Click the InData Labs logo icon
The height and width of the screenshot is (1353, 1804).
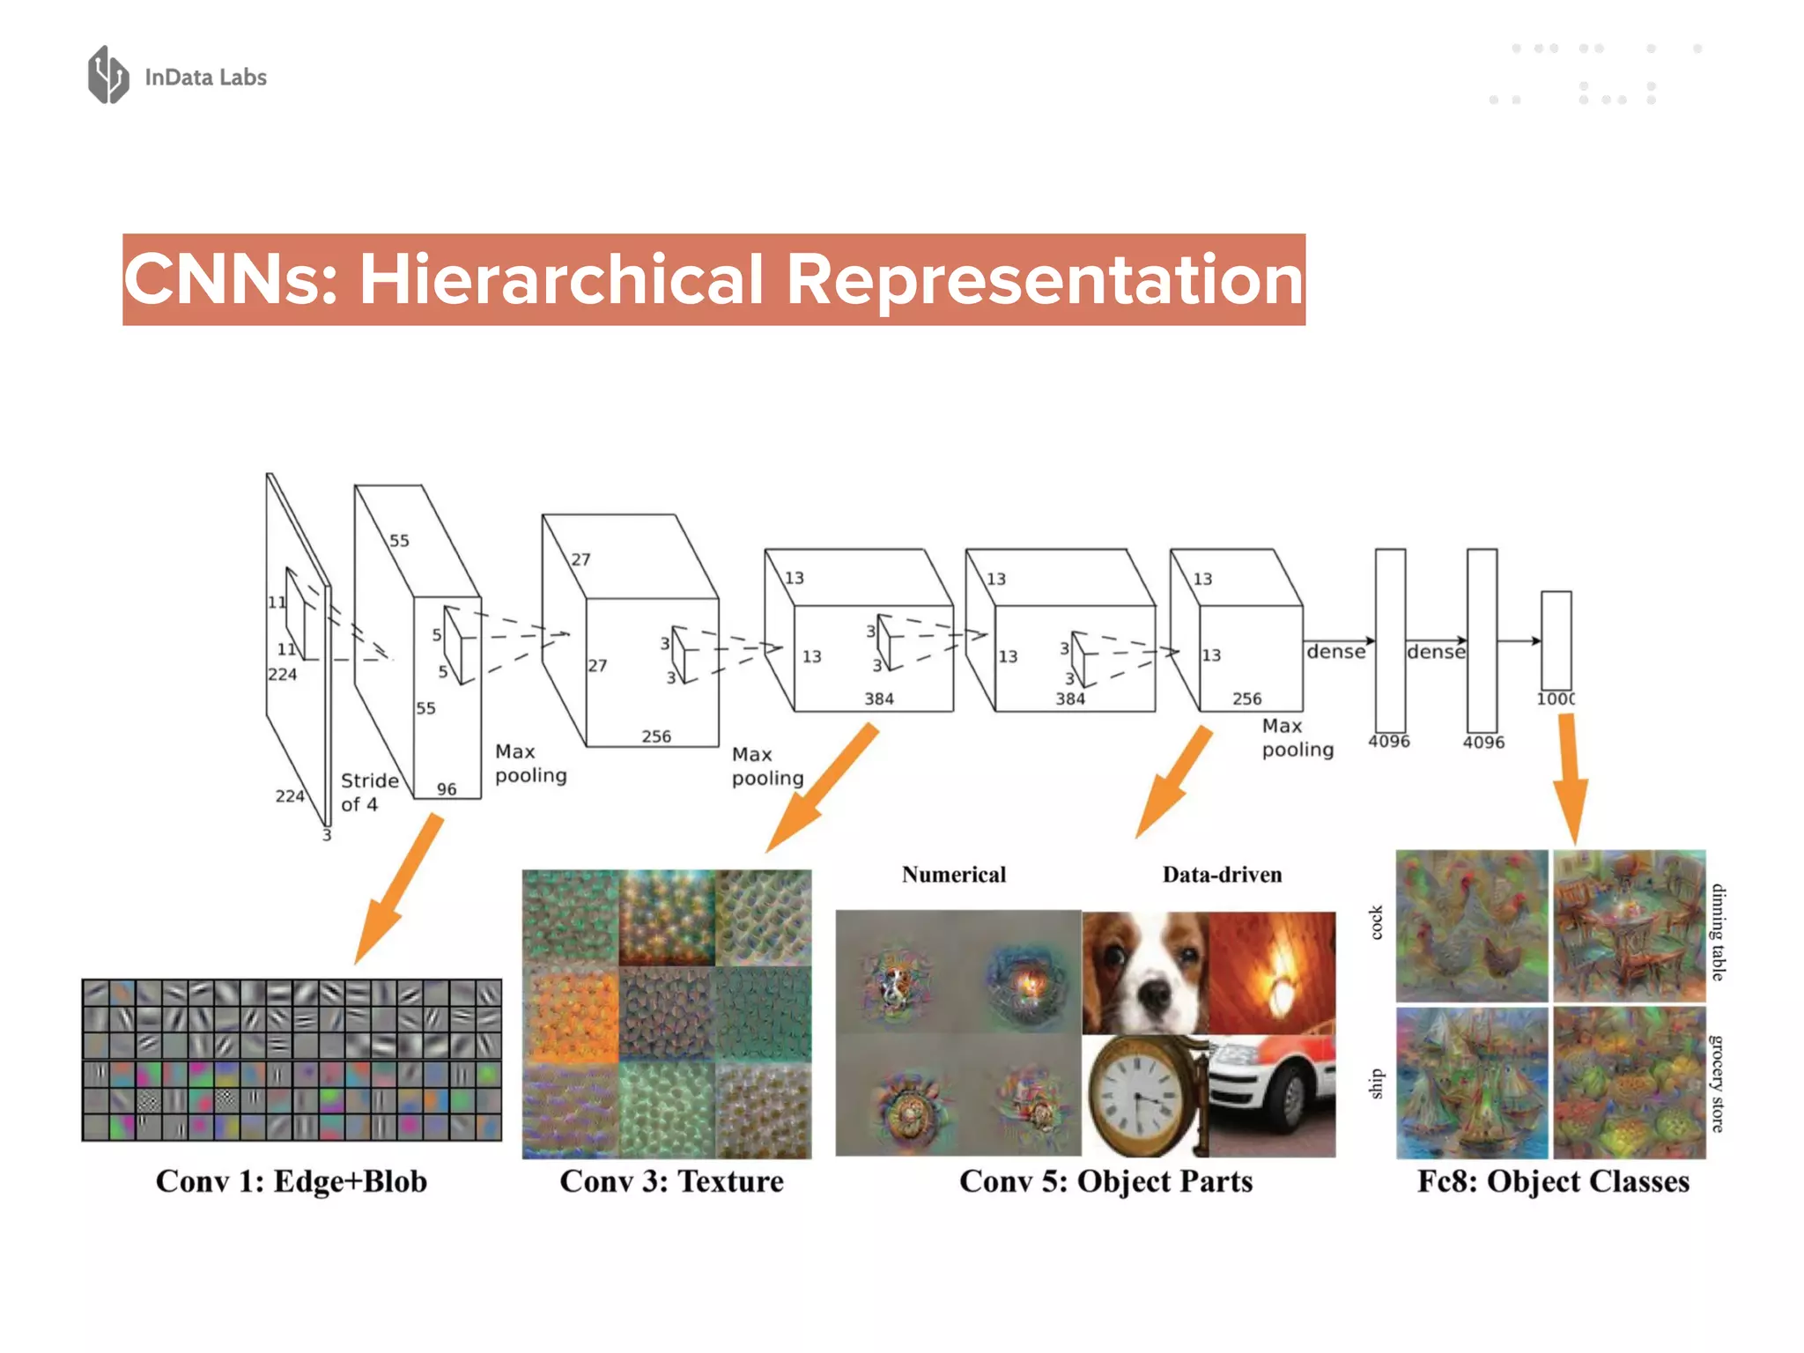108,75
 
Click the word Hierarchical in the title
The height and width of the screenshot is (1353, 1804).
561,279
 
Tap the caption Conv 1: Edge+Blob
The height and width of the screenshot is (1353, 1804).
292,1181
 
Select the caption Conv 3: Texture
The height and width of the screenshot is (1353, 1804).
671,1181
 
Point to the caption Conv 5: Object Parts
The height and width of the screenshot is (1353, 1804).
1105,1181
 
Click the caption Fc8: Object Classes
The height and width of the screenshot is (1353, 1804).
1553,1181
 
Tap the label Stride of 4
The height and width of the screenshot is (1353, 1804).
368,792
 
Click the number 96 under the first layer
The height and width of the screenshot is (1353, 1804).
447,789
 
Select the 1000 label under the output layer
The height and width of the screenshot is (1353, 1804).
1556,699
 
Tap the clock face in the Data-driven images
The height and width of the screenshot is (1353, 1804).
1137,1091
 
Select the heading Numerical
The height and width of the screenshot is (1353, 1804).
953,875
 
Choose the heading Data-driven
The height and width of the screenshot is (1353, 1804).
1222,875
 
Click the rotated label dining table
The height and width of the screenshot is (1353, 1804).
1718,932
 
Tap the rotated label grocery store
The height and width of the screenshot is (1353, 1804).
1718,1083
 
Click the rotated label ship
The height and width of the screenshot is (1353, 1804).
1377,1083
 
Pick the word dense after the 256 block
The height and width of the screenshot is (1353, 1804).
1335,652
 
